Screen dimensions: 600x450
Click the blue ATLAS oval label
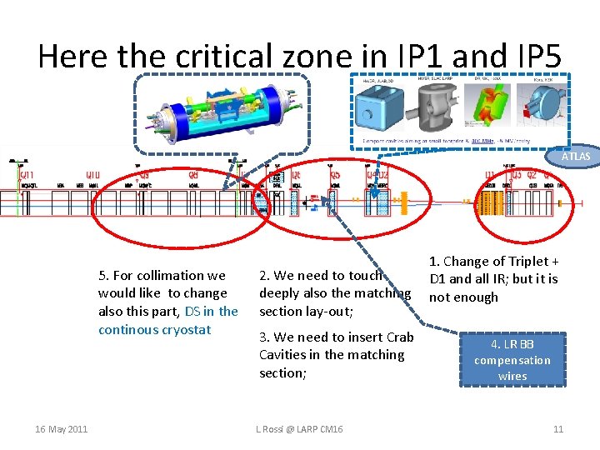575,156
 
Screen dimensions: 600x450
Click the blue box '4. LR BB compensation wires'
512,360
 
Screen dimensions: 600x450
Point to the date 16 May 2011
61,429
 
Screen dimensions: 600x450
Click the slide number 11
558,429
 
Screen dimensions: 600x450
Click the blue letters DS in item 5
192,312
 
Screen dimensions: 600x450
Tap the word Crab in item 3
400,337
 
